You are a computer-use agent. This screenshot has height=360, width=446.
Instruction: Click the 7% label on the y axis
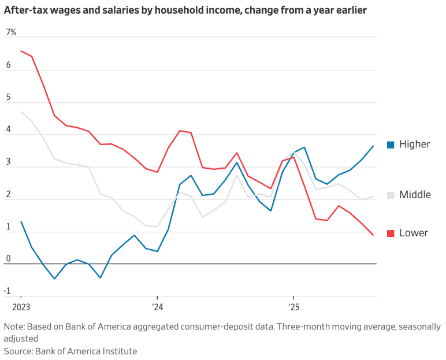tap(11, 32)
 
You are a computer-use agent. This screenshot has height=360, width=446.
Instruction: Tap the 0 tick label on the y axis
tap(8, 258)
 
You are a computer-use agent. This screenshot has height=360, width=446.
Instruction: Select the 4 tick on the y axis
tap(8, 129)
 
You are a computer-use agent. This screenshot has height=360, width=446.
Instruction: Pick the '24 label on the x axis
tap(158, 306)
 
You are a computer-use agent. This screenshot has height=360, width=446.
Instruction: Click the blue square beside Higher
tap(390, 144)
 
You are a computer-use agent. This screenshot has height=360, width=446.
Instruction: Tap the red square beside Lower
tap(390, 233)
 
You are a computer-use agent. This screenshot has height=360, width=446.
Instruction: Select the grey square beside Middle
tap(390, 195)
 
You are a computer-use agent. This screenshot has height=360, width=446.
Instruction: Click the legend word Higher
tap(415, 144)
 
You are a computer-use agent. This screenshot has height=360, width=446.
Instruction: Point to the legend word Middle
tap(415, 195)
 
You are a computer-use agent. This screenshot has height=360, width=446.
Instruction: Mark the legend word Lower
tap(414, 233)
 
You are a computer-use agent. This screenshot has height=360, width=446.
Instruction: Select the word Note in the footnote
tap(14, 326)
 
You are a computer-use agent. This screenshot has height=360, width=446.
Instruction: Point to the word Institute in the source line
tap(119, 351)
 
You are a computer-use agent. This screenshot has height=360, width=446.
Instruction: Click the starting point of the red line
tap(21, 51)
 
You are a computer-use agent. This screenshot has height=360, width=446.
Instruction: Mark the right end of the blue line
tap(373, 146)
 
